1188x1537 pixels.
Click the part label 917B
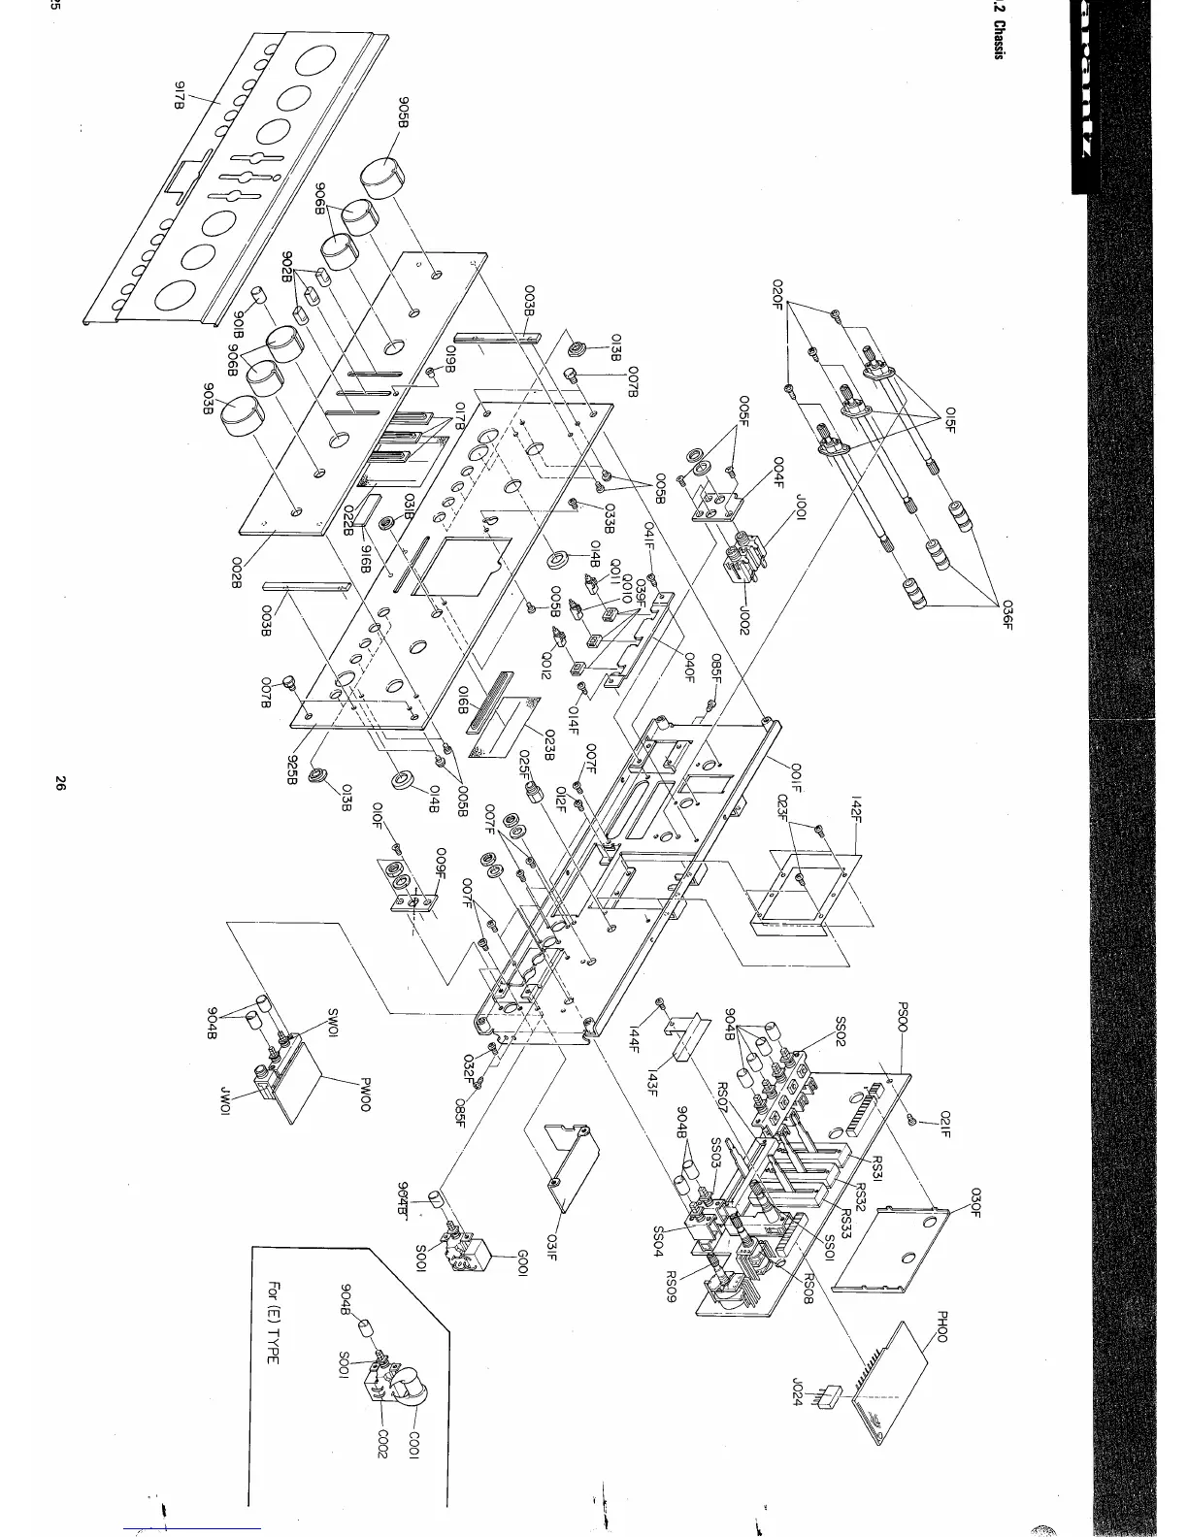(x=179, y=94)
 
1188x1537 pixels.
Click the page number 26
(x=59, y=784)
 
